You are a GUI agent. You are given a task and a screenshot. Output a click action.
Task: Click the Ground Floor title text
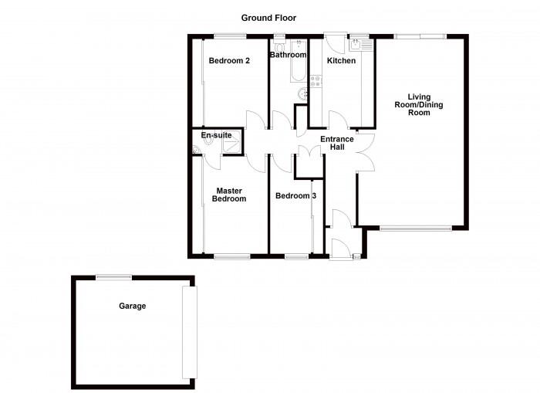coord(268,18)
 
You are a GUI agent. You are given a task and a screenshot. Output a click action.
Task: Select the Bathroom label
coord(288,55)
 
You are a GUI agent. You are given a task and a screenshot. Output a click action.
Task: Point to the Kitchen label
coord(341,60)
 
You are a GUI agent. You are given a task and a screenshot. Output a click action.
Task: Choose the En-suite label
coord(216,135)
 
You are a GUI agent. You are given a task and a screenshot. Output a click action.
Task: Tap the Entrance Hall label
coord(337,144)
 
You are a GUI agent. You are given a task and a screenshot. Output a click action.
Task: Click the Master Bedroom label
coord(230,195)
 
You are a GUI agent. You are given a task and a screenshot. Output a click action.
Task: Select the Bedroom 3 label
coord(295,196)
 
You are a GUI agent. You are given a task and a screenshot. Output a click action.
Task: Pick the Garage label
coord(132,306)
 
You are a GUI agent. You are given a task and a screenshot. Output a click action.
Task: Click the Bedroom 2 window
coord(230,36)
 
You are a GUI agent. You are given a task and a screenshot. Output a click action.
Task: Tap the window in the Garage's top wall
coord(113,277)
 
